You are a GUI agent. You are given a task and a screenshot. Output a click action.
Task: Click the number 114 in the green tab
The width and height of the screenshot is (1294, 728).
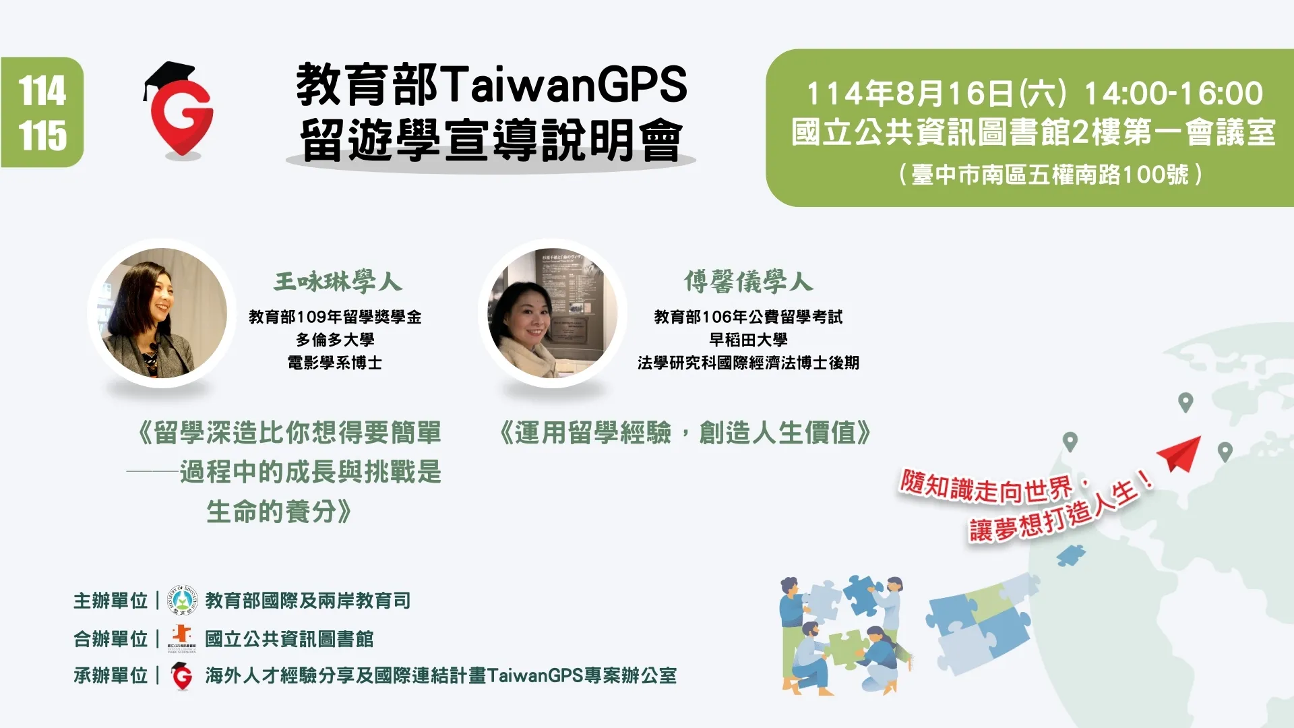tap(42, 91)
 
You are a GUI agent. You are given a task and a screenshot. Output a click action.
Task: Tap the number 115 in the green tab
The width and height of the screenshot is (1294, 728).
tap(42, 135)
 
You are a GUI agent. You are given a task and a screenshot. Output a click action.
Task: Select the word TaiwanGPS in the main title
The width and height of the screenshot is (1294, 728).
tap(565, 85)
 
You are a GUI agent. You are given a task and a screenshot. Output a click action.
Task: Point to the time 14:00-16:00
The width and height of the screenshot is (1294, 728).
tap(1173, 94)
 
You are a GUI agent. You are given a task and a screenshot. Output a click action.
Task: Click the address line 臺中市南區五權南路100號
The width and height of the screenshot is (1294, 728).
tap(1050, 175)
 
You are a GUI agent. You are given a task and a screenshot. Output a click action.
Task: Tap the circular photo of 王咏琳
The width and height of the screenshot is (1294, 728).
tap(162, 313)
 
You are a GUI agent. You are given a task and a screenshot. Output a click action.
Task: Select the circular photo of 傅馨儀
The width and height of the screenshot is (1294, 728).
tap(553, 313)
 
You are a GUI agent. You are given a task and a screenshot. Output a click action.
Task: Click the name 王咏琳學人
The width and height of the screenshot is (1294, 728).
tap(338, 282)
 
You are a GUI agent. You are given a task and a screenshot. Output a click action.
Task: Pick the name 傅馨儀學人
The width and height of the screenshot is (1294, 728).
tap(748, 282)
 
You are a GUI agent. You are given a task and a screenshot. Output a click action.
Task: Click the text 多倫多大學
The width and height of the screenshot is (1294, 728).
tap(335, 340)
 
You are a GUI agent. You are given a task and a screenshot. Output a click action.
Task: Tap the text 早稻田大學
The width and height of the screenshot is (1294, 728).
tap(748, 340)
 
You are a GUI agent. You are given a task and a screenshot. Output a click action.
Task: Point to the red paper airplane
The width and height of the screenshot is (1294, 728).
tap(1181, 453)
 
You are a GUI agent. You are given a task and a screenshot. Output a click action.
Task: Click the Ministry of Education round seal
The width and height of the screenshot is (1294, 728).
tap(182, 601)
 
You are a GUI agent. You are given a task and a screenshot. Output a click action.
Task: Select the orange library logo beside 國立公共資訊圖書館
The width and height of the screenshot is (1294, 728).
tap(181, 638)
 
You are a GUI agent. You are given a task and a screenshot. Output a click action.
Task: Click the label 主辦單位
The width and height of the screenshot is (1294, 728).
tap(111, 601)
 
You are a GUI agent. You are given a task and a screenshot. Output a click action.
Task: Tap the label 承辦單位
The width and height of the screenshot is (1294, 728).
tap(111, 675)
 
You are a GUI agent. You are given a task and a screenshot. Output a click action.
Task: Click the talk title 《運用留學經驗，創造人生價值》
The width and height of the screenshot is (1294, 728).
tap(685, 433)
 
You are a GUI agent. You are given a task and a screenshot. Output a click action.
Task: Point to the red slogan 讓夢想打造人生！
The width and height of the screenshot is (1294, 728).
tap(1060, 511)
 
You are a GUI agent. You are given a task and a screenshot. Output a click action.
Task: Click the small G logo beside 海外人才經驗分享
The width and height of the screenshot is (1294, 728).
tap(181, 676)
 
